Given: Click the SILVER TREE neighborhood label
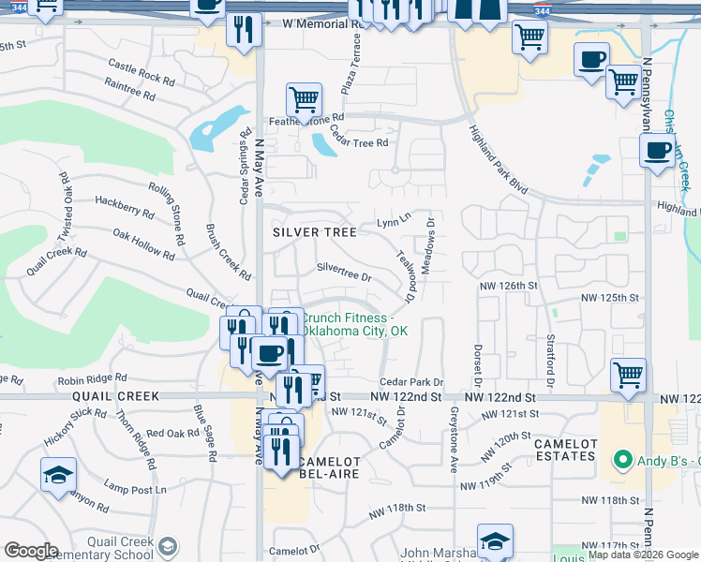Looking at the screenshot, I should [x=315, y=231].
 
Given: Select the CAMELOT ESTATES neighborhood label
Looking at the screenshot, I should [x=564, y=450].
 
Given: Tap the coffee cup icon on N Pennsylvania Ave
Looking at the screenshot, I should [x=657, y=149].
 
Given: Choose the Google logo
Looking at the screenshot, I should [x=31, y=551].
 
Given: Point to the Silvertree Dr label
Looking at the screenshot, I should [x=344, y=277].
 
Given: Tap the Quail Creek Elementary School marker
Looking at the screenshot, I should [x=168, y=547].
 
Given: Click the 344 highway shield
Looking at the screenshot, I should [x=542, y=10].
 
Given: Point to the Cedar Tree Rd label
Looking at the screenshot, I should [x=359, y=142].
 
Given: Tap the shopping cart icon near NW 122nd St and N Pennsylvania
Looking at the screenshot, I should [x=629, y=375].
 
